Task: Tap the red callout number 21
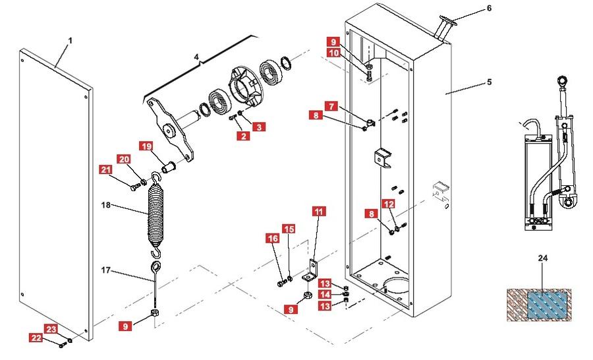pos(107,170)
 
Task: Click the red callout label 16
pos(272,239)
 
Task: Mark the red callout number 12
pos(389,204)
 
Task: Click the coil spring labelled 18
pos(156,211)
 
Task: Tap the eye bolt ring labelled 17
pos(156,266)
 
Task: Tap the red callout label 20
pos(125,159)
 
